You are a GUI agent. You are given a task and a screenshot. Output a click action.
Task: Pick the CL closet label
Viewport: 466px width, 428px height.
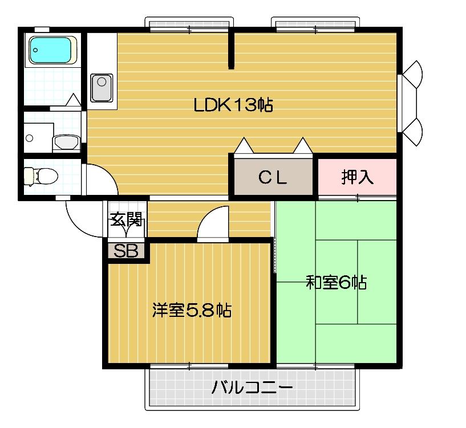[272, 178]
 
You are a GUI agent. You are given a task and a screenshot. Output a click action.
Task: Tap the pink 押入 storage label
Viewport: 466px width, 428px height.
[357, 177]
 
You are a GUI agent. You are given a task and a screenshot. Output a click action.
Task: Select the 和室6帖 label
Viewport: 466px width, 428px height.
[336, 282]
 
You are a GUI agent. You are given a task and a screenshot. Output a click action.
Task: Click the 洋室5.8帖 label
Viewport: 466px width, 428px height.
[191, 311]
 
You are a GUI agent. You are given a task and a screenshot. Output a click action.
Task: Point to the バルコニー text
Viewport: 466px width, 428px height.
[252, 389]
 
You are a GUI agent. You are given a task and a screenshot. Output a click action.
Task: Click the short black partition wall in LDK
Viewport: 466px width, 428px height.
[231, 50]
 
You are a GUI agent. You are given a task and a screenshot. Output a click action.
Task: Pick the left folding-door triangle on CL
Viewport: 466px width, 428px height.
[244, 146]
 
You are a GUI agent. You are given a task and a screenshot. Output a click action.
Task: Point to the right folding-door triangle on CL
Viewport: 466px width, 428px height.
[302, 146]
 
